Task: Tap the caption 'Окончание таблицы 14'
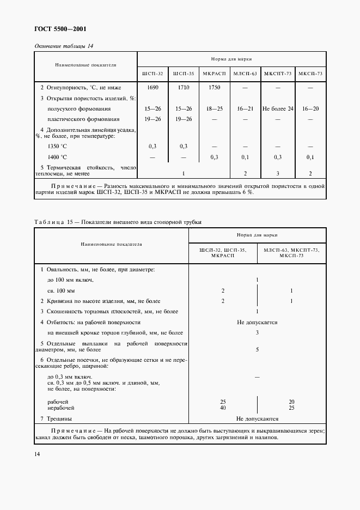point(64,46)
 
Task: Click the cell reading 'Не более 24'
point(278,109)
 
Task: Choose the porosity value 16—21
point(245,109)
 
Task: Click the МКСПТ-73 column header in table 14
point(278,73)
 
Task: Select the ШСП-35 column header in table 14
point(183,73)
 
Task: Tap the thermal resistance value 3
point(278,173)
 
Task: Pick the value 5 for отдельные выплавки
point(257,349)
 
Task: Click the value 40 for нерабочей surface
point(223,407)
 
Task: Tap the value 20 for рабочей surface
point(292,401)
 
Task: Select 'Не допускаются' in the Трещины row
point(257,419)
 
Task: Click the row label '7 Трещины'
point(57,419)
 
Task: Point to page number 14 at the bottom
point(37,453)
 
